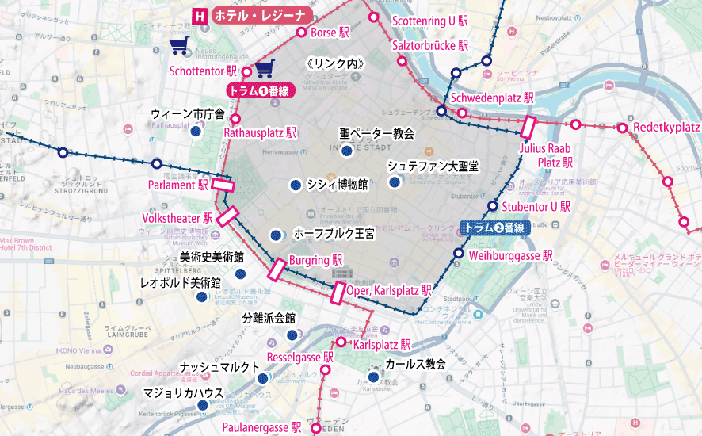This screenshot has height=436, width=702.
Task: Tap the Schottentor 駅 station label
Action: coord(203,71)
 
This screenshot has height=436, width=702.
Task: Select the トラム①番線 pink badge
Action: coord(260,90)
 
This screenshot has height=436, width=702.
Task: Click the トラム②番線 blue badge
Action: coord(493,228)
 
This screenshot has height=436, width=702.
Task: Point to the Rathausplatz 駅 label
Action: coord(260,132)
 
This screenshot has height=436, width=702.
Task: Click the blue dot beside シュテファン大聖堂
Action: coord(395,182)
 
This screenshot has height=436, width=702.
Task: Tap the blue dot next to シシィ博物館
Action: coord(295,185)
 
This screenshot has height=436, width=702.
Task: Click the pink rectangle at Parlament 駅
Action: coord(223,185)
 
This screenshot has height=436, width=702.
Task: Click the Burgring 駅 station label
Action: coord(315,259)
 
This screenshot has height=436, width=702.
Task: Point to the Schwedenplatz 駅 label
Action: coord(492,98)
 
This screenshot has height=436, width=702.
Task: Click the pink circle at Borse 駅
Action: coord(301,33)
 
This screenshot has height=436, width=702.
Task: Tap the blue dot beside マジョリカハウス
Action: coord(203,406)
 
